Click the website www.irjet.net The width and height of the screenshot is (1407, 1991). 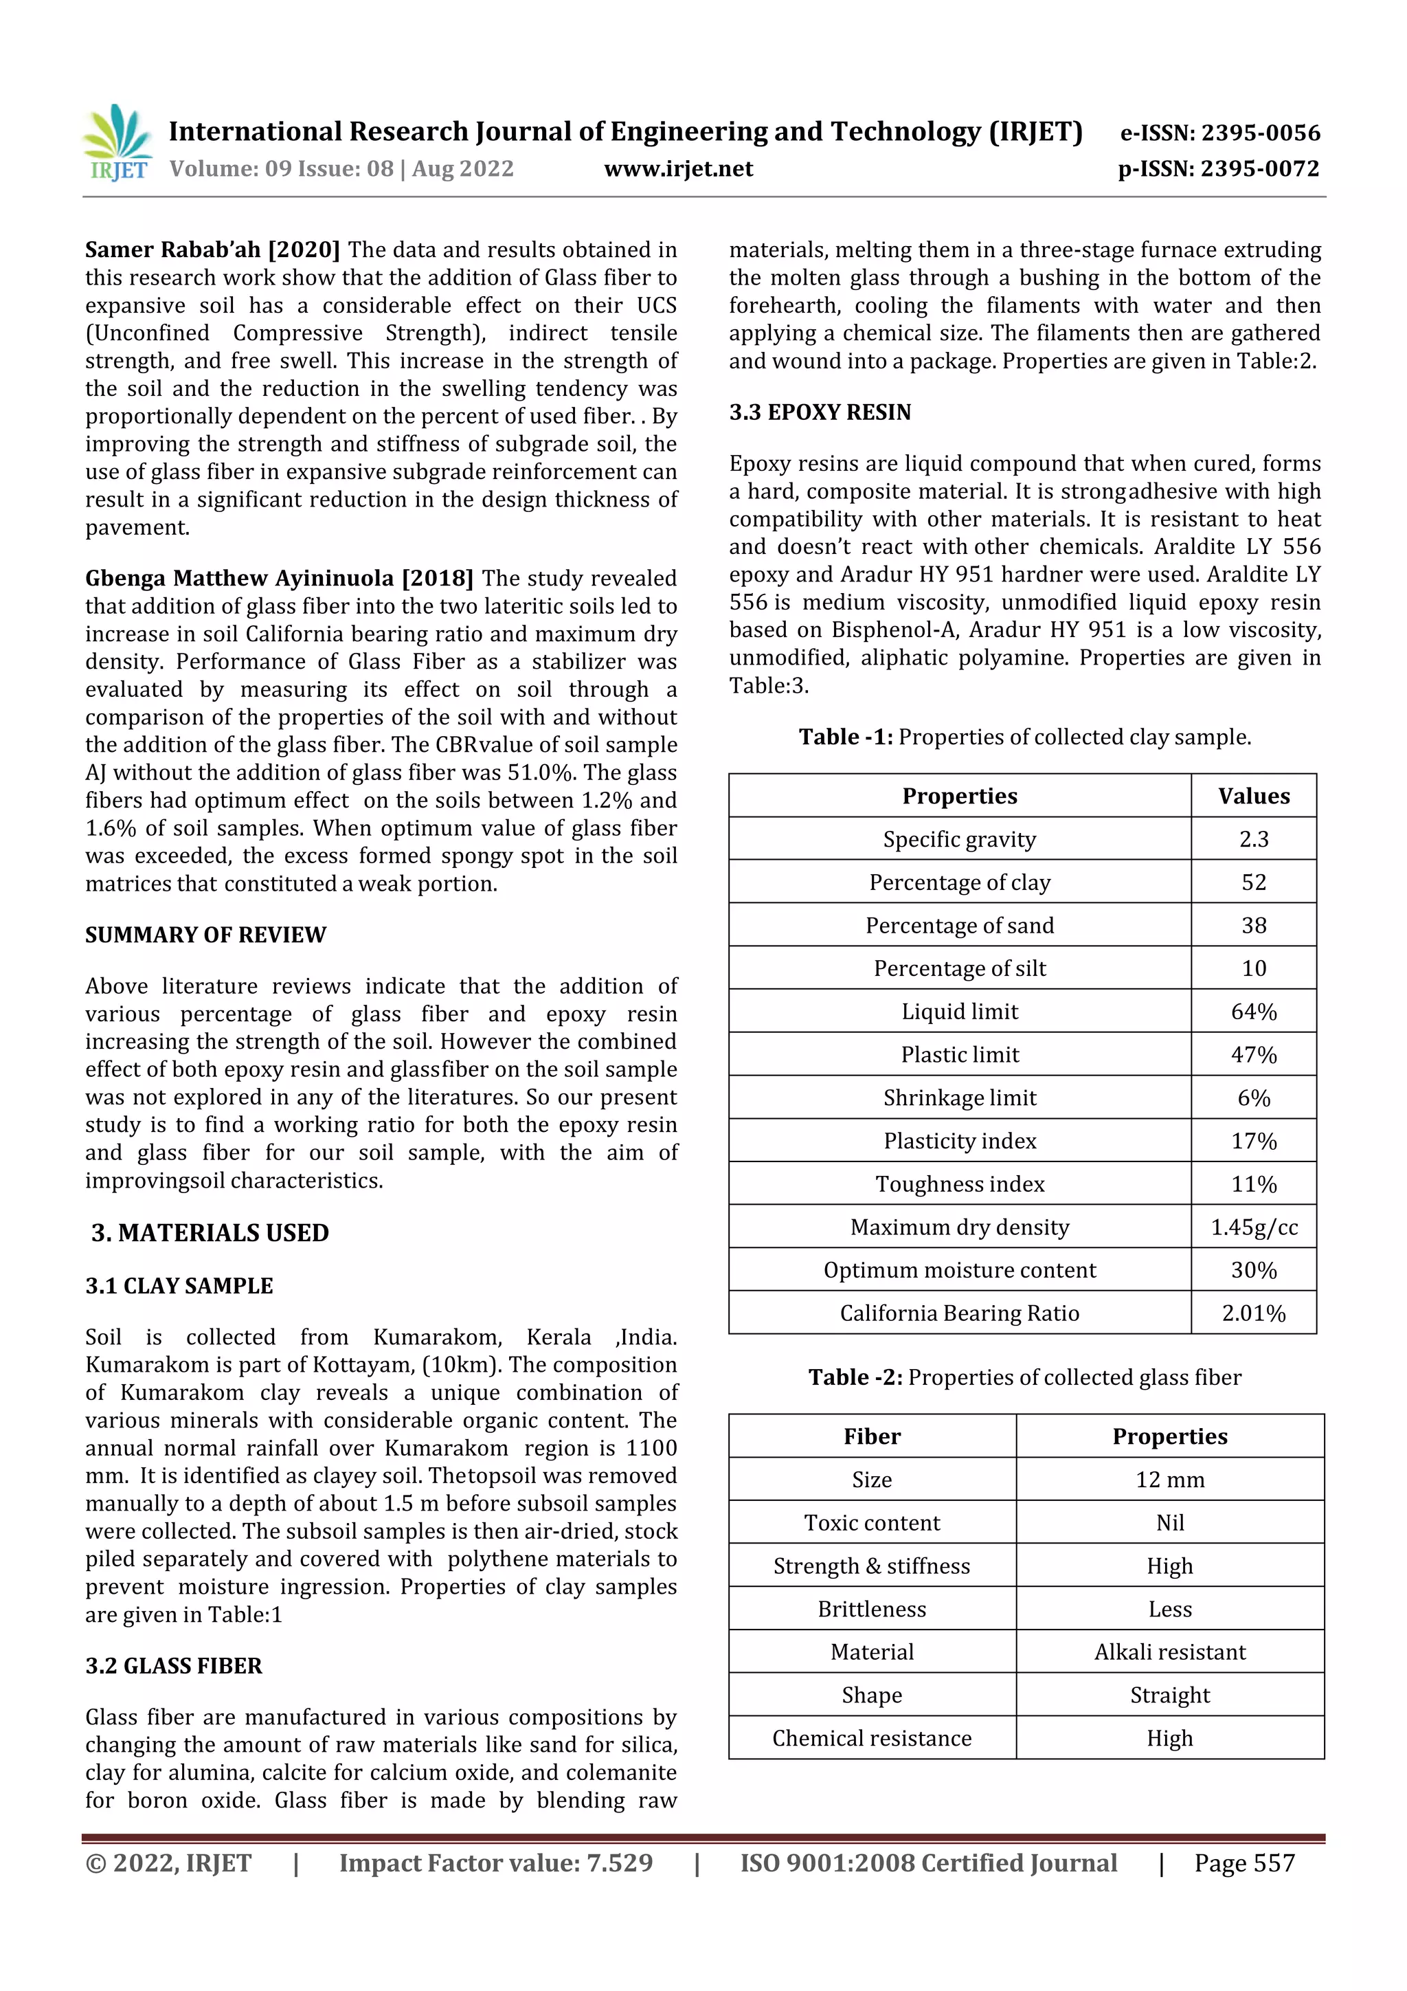678,169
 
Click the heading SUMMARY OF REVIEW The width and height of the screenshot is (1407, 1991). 205,935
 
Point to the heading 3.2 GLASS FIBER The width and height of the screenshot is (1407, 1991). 173,1666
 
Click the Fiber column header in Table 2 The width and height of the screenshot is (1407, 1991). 871,1437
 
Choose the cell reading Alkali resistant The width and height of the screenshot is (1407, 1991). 1169,1652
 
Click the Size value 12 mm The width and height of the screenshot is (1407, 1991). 1169,1480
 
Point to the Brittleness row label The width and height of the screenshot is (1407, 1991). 871,1610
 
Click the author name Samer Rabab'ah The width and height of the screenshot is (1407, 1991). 172,249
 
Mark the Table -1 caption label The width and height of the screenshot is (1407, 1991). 845,737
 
